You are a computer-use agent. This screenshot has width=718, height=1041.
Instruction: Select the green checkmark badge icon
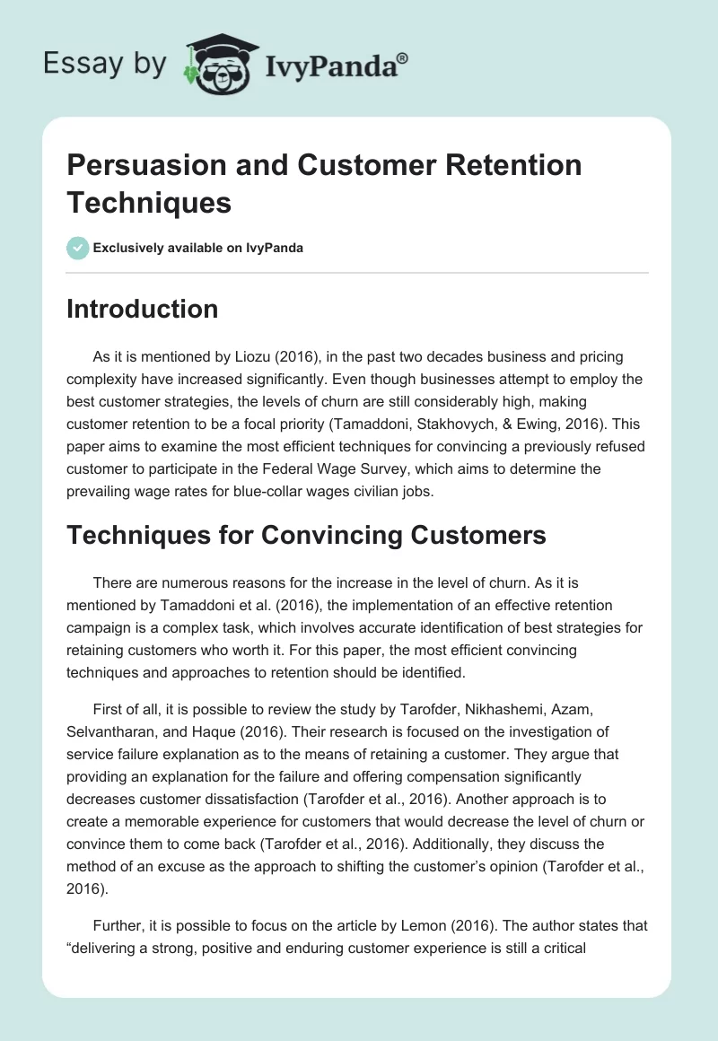pyautogui.click(x=78, y=248)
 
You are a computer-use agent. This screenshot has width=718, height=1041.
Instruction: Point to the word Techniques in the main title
pyautogui.click(x=150, y=202)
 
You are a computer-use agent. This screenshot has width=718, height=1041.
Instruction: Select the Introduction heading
pyautogui.click(x=143, y=309)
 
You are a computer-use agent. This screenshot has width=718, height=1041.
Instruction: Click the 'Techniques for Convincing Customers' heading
pyautogui.click(x=306, y=536)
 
